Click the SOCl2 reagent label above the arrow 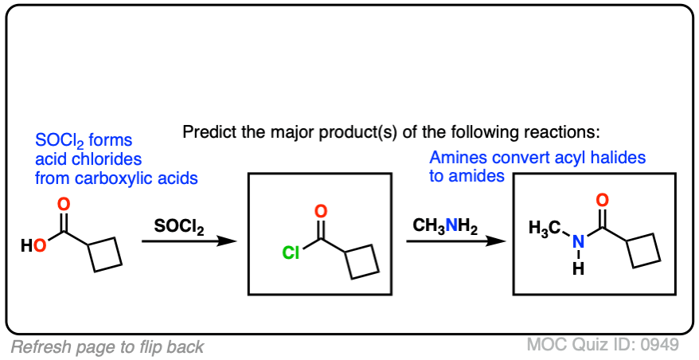coord(179,227)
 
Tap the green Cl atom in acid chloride coord(291,254)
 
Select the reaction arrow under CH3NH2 coord(455,240)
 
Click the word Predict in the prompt coord(207,131)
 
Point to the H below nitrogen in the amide coord(578,269)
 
